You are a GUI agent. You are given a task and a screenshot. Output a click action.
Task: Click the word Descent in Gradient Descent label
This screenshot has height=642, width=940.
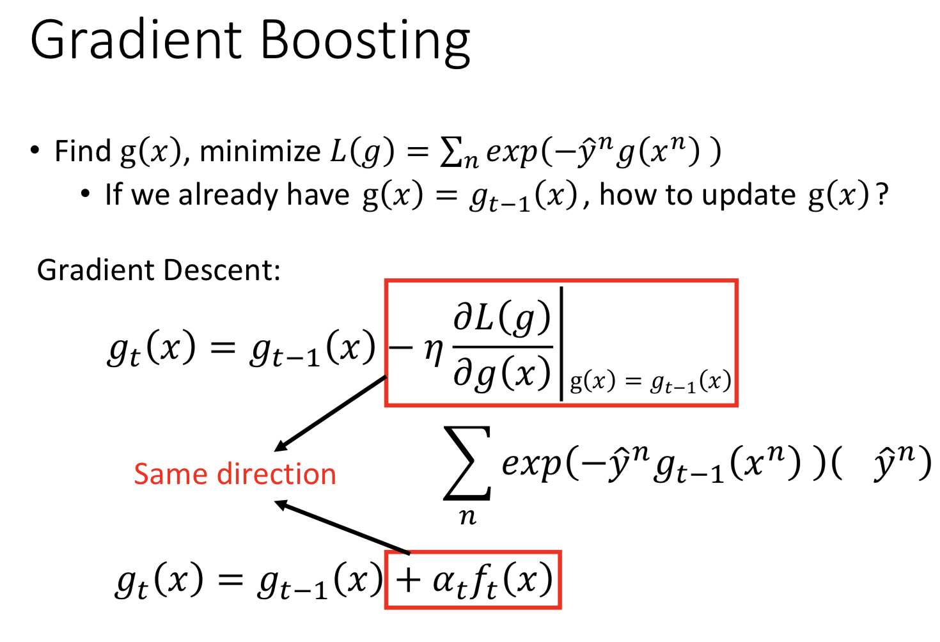click(x=221, y=269)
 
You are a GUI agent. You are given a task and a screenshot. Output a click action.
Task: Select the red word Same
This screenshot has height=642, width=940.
click(x=170, y=474)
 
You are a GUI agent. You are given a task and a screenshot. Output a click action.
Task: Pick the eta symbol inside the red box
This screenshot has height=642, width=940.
click(x=434, y=352)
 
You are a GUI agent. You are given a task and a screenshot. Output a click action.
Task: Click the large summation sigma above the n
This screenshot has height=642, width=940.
click(x=467, y=463)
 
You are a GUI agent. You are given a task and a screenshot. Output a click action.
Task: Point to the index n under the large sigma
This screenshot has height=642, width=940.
click(x=467, y=517)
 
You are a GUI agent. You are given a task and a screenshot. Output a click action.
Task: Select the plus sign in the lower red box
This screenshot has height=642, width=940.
click(x=408, y=581)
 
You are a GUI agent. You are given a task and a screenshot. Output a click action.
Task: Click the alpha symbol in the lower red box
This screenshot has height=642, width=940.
click(x=445, y=581)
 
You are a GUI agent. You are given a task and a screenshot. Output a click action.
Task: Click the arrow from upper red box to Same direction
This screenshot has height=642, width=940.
click(x=330, y=414)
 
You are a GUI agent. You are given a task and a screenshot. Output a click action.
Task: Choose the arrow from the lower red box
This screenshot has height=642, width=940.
click(x=342, y=528)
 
